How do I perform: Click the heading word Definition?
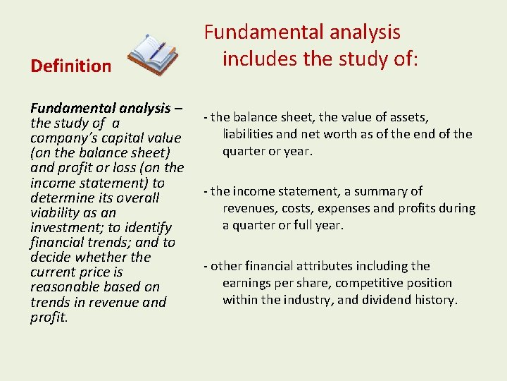tap(70, 66)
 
